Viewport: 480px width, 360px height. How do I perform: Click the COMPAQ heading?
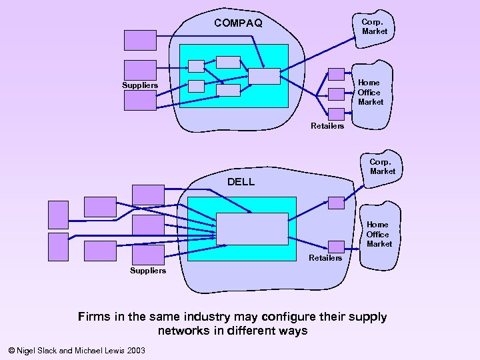(238, 23)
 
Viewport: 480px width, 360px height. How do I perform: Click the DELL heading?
(241, 181)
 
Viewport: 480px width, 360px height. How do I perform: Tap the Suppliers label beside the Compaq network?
(140, 85)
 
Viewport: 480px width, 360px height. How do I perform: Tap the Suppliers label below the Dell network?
(148, 271)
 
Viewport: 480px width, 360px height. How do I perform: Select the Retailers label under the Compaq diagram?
(327, 126)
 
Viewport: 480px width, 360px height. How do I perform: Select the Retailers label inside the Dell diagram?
(325, 258)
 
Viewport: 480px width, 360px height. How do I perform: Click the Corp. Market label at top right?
(374, 27)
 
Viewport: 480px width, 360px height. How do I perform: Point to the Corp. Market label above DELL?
(382, 167)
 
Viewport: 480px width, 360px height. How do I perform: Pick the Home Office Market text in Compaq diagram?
(370, 93)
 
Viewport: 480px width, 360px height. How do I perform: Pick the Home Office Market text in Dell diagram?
(379, 234)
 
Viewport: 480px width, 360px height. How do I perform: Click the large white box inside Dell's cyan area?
(252, 229)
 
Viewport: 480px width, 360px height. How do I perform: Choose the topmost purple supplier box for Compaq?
(140, 40)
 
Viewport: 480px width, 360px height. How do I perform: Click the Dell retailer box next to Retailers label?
(337, 247)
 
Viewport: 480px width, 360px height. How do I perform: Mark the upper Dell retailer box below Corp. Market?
(337, 203)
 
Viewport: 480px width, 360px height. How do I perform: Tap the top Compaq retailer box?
(337, 73)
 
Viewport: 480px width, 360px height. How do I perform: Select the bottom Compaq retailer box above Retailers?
(337, 114)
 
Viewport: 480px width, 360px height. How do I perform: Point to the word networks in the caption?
(183, 331)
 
